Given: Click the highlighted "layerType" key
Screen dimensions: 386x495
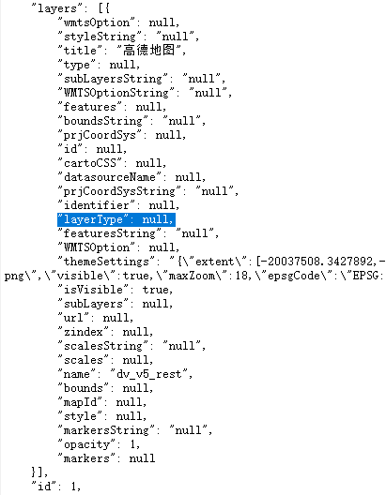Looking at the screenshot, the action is click(x=93, y=219).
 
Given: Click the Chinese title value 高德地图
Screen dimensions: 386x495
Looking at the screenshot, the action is click(x=149, y=51).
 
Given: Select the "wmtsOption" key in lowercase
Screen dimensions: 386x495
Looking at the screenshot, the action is click(x=97, y=22).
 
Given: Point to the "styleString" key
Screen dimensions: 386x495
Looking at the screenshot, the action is click(x=100, y=37).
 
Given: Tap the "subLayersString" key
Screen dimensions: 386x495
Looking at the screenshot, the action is click(x=114, y=79).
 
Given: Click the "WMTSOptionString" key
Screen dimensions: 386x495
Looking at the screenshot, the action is click(x=116, y=93).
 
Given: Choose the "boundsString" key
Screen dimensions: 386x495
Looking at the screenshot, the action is click(x=103, y=121).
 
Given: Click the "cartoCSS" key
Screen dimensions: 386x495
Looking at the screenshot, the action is click(x=90, y=163).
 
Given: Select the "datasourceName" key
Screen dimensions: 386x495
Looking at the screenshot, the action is click(x=110, y=177).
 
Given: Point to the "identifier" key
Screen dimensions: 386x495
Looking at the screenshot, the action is click(x=97, y=205).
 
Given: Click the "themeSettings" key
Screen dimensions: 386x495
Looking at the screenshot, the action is click(x=106, y=262).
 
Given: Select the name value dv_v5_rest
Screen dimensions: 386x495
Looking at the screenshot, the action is click(x=148, y=374).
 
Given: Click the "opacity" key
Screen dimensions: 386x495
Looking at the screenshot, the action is click(x=87, y=444).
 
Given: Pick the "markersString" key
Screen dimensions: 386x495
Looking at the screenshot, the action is click(x=106, y=430).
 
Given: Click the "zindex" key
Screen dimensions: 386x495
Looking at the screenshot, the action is click(x=84, y=332).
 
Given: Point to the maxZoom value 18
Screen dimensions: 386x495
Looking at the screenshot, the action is click(x=242, y=276).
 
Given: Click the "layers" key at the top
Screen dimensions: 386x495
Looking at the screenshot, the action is click(x=57, y=8).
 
